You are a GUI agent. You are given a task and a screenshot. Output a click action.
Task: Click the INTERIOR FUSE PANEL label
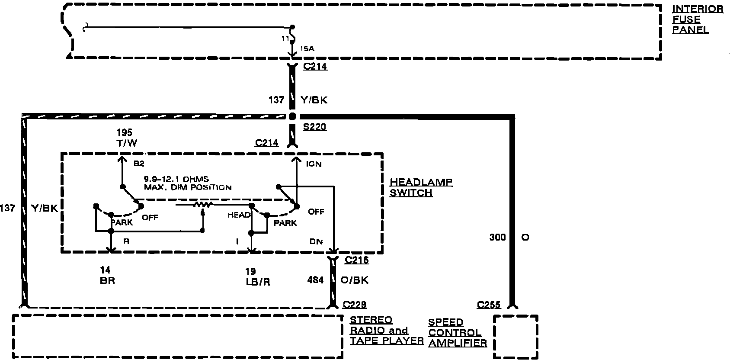point(697,19)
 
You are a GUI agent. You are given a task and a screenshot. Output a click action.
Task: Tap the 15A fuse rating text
point(307,48)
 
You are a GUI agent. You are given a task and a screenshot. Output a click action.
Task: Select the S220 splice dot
point(292,116)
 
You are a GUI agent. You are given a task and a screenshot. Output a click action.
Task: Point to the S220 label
point(315,127)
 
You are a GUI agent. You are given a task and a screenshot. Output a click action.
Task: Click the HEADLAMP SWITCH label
point(421,187)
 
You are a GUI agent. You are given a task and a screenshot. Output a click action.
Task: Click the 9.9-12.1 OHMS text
point(176,179)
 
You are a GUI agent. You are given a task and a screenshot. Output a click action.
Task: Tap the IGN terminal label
point(314,164)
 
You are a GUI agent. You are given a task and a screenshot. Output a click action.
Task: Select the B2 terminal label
point(138,164)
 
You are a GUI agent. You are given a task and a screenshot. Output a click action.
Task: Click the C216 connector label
point(357,260)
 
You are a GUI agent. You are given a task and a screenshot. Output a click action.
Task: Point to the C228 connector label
point(354,305)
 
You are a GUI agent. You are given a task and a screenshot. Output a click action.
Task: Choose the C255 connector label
point(489,305)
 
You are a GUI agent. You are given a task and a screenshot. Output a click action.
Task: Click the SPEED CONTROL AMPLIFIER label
point(458,333)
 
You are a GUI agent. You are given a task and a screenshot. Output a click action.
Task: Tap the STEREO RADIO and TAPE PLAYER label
point(386,331)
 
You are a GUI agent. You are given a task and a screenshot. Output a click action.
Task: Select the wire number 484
point(315,280)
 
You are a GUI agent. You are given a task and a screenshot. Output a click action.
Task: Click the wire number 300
point(497,237)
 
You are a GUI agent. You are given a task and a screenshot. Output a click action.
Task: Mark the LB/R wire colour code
point(258,281)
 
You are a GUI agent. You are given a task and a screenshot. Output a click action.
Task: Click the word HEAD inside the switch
point(239,215)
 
